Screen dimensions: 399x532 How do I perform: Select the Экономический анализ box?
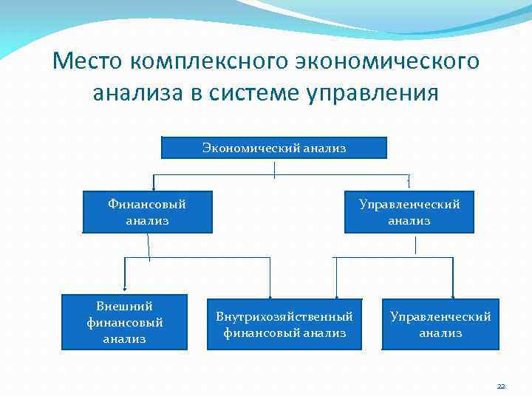tap(274, 148)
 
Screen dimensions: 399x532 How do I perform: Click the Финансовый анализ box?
tap(147, 212)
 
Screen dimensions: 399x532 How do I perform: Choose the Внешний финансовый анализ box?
tap(124, 323)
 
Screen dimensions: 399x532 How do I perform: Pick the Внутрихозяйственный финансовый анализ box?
tap(284, 324)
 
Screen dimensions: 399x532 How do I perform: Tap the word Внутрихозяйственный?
tap(284, 317)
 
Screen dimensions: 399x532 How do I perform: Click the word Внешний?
tap(124, 306)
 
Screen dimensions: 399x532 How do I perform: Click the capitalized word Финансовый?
tap(147, 204)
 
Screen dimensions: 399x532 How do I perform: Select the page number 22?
tap(501, 386)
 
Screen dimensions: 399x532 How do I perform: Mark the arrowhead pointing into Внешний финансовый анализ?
tap(124, 293)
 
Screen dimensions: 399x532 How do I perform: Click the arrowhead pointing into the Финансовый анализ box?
tap(153, 188)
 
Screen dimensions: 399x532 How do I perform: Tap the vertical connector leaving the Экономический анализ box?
tap(275, 168)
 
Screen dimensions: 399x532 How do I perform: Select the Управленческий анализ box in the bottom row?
tap(440, 324)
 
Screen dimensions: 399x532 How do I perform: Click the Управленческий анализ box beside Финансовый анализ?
tap(409, 212)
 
